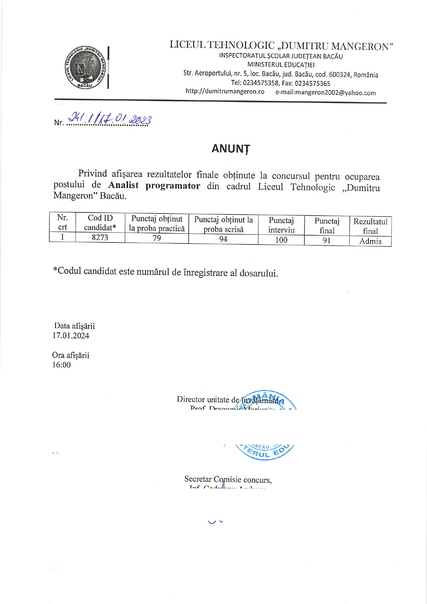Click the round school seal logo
[84, 67]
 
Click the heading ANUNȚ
[230, 149]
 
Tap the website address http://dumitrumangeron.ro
[225, 92]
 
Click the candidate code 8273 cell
[100, 237]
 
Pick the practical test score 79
[157, 238]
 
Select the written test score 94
[223, 239]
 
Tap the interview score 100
[281, 240]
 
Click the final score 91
[326, 240]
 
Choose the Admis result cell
[370, 241]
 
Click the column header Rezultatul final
[370, 226]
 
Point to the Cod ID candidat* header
[100, 222]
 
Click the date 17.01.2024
[71, 336]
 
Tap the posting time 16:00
[62, 365]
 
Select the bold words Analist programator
[154, 186]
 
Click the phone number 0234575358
[260, 83]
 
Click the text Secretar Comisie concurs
[228, 479]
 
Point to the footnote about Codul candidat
[165, 272]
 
